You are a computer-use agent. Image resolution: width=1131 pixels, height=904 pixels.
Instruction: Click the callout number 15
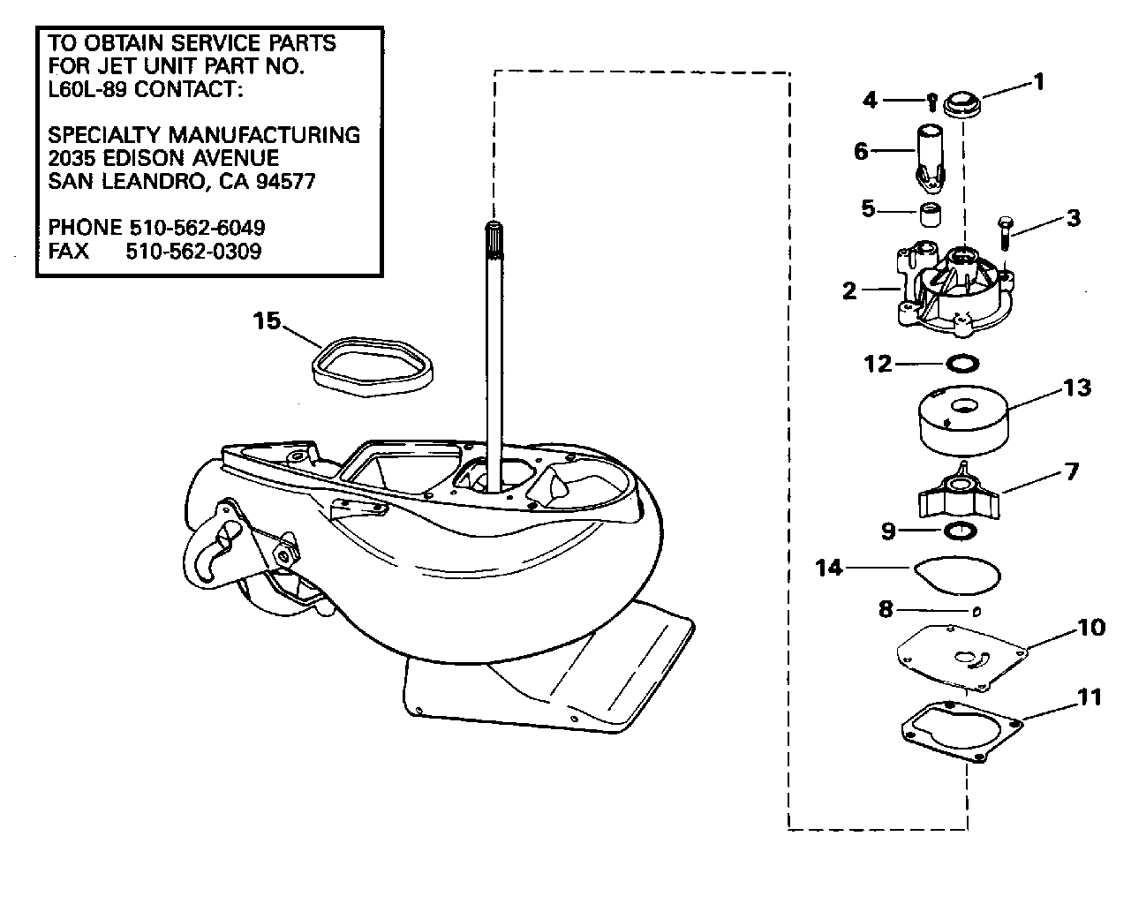[267, 321]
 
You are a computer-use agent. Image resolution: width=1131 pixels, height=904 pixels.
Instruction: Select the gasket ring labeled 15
[373, 366]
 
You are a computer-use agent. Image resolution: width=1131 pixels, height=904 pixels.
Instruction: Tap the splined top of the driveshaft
[494, 242]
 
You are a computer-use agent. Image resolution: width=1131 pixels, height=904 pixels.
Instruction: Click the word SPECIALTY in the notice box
[107, 135]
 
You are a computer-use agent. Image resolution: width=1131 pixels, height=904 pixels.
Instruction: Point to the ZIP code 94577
[285, 181]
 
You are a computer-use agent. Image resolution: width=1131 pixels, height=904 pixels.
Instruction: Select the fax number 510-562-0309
[193, 252]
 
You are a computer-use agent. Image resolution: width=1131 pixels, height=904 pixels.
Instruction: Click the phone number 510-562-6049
[198, 228]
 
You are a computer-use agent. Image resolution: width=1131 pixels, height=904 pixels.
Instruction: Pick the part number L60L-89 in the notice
[87, 89]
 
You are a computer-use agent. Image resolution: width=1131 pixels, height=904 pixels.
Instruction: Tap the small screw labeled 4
[931, 102]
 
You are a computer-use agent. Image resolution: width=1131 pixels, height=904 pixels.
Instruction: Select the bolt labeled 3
[1004, 233]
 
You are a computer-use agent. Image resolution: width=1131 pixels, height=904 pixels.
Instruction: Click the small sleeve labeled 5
[930, 215]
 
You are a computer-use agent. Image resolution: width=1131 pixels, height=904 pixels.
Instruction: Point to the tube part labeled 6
[930, 159]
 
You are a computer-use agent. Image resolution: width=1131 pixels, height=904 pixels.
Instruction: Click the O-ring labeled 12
[962, 364]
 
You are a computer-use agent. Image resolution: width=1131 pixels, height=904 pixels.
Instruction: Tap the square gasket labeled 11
[962, 731]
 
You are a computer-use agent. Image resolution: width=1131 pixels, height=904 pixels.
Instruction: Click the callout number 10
[1091, 628]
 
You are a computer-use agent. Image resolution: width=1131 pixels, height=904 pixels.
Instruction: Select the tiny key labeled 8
[976, 611]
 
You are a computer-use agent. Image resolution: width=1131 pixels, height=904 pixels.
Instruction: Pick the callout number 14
[829, 569]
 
